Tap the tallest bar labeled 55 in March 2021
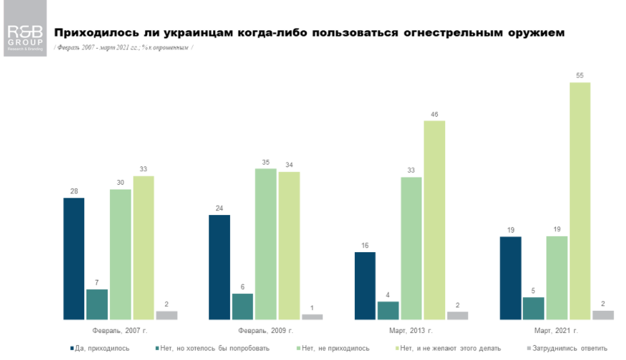579,201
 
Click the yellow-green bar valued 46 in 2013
434,220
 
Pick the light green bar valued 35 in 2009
265,243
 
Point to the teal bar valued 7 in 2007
96,304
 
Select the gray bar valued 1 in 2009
312,316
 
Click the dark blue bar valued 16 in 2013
365,285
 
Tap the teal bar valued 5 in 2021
534,308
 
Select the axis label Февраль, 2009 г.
265,331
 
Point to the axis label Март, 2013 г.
411,331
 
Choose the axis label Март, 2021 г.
557,331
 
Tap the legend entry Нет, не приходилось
333,349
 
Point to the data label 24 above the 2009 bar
219,208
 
